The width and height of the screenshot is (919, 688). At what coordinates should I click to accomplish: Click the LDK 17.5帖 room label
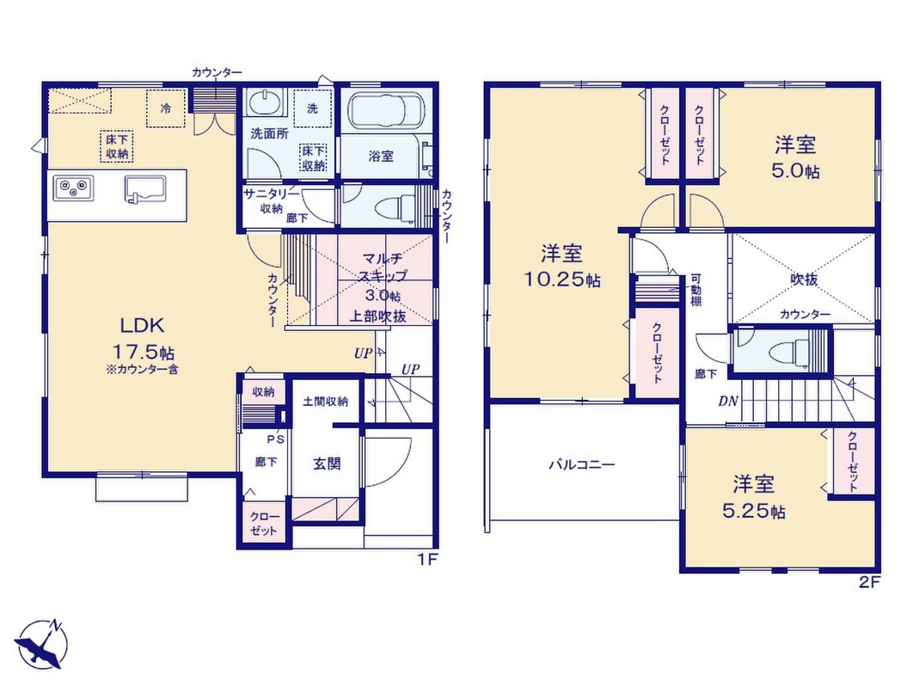[x=143, y=339]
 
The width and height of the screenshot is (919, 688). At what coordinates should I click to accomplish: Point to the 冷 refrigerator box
[x=167, y=107]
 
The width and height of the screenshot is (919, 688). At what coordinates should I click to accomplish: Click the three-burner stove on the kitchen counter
[x=73, y=187]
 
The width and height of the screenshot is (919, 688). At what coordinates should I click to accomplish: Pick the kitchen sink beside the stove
[x=144, y=189]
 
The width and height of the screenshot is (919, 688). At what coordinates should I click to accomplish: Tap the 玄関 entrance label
[x=327, y=464]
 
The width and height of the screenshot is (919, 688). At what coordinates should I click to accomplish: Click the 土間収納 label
[x=325, y=402]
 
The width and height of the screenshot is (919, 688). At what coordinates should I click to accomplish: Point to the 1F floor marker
[x=427, y=560]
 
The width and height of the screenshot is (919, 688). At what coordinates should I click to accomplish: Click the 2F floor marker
[x=870, y=582]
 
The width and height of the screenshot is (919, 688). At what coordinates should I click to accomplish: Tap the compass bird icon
[x=40, y=645]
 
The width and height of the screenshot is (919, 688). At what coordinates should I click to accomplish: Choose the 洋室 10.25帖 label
[x=561, y=267]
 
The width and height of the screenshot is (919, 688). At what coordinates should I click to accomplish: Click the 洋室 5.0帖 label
[x=795, y=157]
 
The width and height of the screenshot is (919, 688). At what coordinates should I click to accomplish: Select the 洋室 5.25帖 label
[x=754, y=497]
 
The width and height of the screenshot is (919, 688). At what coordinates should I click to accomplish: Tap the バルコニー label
[x=582, y=465]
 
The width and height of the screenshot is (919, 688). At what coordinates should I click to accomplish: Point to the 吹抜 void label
[x=804, y=279]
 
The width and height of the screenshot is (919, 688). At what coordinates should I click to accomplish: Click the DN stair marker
[x=728, y=402]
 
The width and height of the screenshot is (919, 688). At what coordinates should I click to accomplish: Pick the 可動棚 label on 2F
[x=695, y=291]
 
